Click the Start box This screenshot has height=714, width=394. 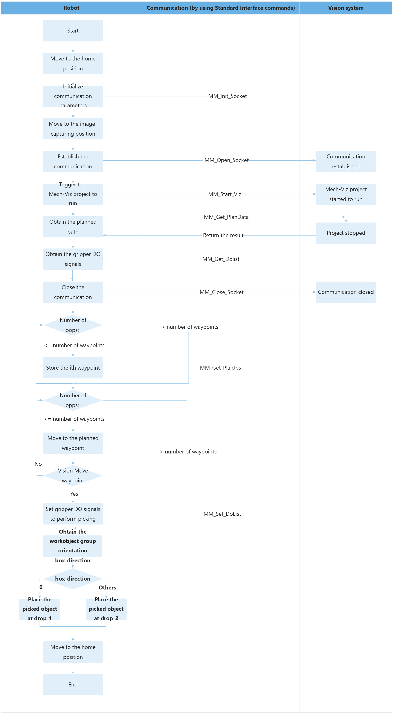[x=73, y=31]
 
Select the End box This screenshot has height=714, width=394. [x=73, y=684]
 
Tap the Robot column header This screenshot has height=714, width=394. [x=72, y=8]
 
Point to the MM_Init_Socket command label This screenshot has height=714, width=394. [x=227, y=96]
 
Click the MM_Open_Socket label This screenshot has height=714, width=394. [x=226, y=160]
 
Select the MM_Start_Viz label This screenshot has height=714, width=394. [x=225, y=194]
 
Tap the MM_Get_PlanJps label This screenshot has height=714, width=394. [x=220, y=368]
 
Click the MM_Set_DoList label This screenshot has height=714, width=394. [x=222, y=514]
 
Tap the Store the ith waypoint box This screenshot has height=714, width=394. [x=73, y=368]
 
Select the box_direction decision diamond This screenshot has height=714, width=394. [x=73, y=579]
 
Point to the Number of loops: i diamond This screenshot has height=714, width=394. [x=73, y=325]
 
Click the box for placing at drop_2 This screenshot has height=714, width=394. [x=106, y=609]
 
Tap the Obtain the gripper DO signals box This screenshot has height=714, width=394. [x=73, y=259]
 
